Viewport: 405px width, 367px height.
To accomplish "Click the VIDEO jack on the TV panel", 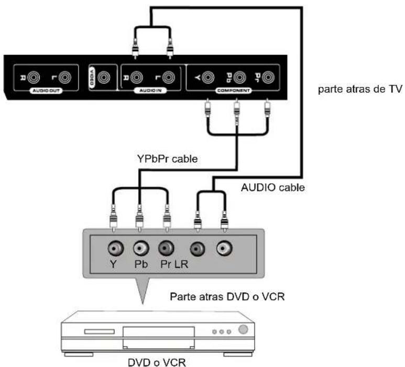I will (x=104, y=78).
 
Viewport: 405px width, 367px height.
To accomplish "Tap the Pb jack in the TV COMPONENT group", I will (x=239, y=79).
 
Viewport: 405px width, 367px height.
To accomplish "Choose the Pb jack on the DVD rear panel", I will (x=139, y=247).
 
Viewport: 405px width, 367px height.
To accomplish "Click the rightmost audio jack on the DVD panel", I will (x=224, y=247).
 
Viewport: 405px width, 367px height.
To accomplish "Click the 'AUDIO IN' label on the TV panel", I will (x=152, y=90).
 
